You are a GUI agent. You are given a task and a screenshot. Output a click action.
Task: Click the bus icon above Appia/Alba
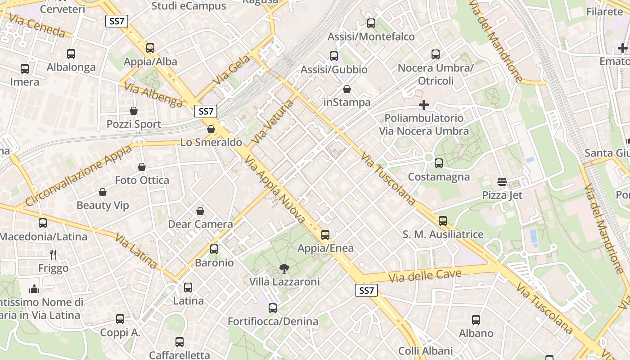click(x=150, y=48)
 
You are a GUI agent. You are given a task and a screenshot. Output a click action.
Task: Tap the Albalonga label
click(x=71, y=67)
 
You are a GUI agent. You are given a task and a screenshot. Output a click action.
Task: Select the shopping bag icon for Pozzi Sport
click(x=134, y=111)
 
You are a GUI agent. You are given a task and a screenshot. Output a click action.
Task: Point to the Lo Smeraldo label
click(x=211, y=142)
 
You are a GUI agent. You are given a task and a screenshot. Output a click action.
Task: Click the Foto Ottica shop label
click(x=142, y=180)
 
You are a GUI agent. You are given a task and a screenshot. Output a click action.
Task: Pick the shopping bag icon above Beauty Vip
click(x=103, y=192)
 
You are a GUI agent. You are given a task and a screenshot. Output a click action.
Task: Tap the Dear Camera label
click(x=200, y=224)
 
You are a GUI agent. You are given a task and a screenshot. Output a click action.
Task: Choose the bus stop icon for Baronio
click(x=214, y=249)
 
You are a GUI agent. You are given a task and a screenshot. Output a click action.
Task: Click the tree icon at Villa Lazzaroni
click(x=284, y=269)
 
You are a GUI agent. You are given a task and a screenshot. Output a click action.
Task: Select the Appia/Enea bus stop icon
click(x=325, y=235)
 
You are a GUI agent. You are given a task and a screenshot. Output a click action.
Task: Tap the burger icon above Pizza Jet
click(x=502, y=182)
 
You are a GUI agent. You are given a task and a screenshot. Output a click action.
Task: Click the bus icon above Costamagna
click(x=439, y=163)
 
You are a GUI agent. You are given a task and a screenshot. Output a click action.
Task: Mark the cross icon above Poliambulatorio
click(x=423, y=105)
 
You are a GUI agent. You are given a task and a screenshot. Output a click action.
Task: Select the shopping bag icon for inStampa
click(x=347, y=89)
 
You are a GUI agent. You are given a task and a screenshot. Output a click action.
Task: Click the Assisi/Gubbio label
click(x=334, y=70)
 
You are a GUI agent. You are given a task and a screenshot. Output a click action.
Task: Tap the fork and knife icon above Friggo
click(x=53, y=255)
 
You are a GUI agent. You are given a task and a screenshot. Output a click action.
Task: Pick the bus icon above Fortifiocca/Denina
click(x=273, y=308)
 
